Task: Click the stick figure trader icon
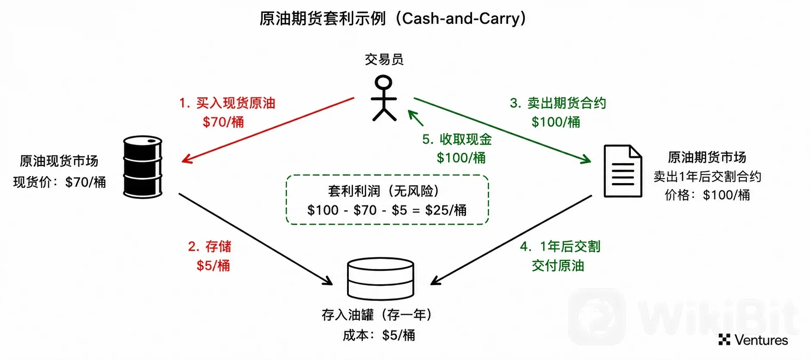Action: pyautogui.click(x=384, y=98)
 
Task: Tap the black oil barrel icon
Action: pyautogui.click(x=143, y=167)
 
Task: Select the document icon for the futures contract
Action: pyautogui.click(x=623, y=171)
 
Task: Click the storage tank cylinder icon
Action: pyautogui.click(x=380, y=279)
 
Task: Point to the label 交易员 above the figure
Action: pyautogui.click(x=384, y=59)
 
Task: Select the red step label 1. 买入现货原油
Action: pyautogui.click(x=227, y=103)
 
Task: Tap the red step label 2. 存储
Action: pyautogui.click(x=210, y=246)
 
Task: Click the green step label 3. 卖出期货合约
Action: pyautogui.click(x=558, y=103)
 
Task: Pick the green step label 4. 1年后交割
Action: pyautogui.click(x=560, y=246)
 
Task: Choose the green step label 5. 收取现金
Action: pyautogui.click(x=457, y=139)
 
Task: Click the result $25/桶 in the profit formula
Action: pyautogui.click(x=446, y=210)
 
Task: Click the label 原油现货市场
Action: pyautogui.click(x=59, y=161)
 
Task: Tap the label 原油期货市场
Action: pyautogui.click(x=707, y=157)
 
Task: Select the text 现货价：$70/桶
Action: pyautogui.click(x=59, y=182)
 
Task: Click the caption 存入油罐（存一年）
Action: pyautogui.click(x=377, y=315)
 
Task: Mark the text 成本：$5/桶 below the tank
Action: pyautogui.click(x=379, y=335)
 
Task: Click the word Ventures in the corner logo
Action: pyautogui.click(x=761, y=340)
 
